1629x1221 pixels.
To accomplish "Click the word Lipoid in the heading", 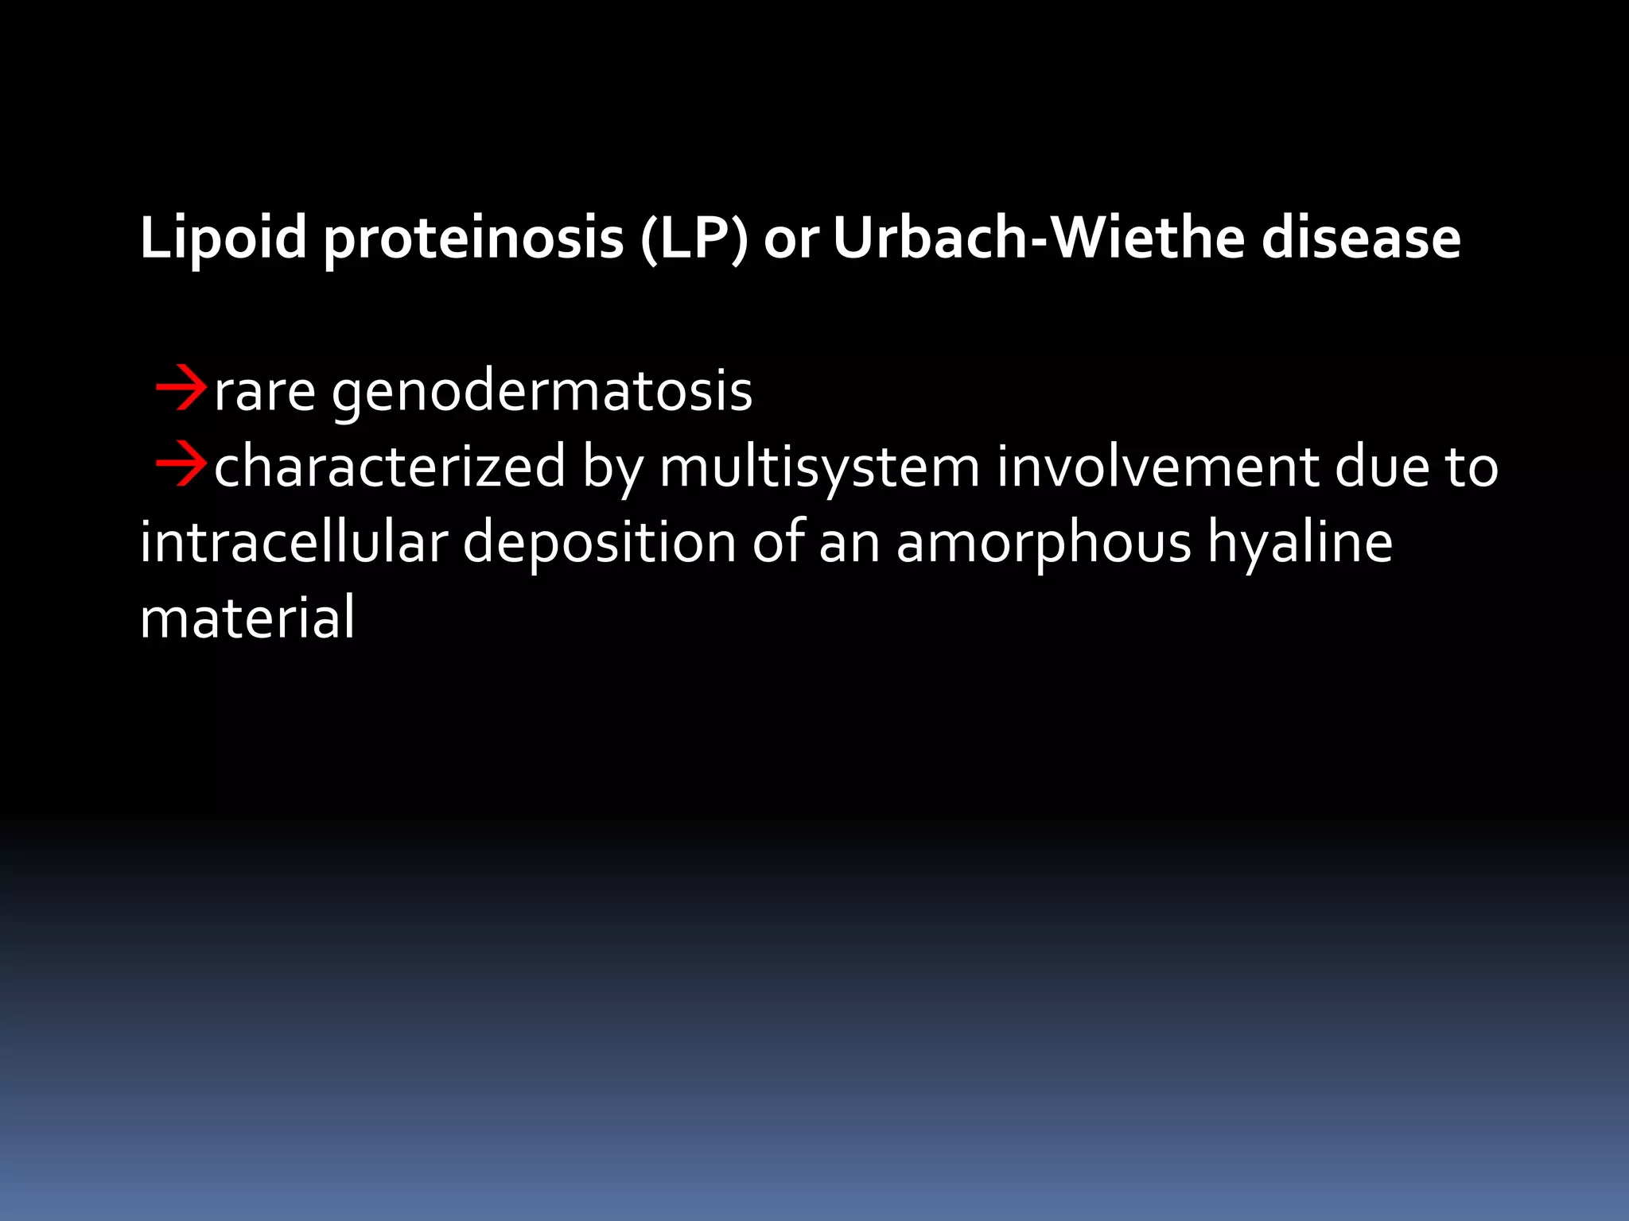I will [223, 238].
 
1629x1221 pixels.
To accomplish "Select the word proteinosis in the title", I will [473, 238].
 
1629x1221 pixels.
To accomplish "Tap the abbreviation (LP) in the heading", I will [694, 238].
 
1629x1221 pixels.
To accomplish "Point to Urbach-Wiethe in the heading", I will [1039, 238].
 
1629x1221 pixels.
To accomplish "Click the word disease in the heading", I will [1361, 238].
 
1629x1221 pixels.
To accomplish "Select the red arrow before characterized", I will [181, 466].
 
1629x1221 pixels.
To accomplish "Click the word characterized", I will [390, 467].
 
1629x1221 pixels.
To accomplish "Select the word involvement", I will [1157, 467].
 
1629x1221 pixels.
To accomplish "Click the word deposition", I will [600, 544].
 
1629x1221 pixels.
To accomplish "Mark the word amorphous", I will [1044, 544].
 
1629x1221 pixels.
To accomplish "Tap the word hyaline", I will [1300, 544].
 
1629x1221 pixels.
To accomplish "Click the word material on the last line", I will [247, 618].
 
